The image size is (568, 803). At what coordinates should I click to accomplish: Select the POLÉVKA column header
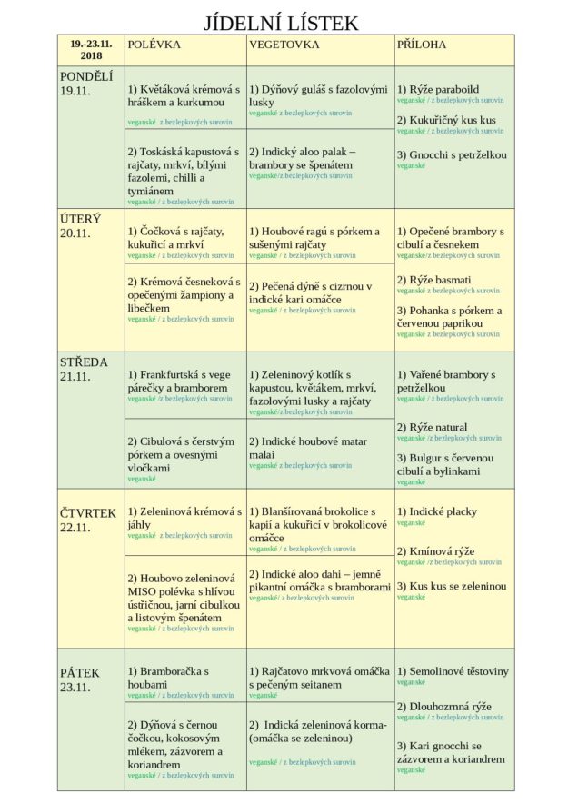point(154,44)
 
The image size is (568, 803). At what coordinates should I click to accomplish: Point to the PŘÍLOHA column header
point(422,44)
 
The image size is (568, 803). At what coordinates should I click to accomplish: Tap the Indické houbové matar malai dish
point(308,448)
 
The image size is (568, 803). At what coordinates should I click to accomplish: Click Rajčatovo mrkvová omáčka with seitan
point(319,677)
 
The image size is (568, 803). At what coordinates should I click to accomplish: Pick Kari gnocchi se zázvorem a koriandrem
point(450,752)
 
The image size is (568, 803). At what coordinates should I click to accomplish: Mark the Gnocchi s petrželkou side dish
point(452,155)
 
